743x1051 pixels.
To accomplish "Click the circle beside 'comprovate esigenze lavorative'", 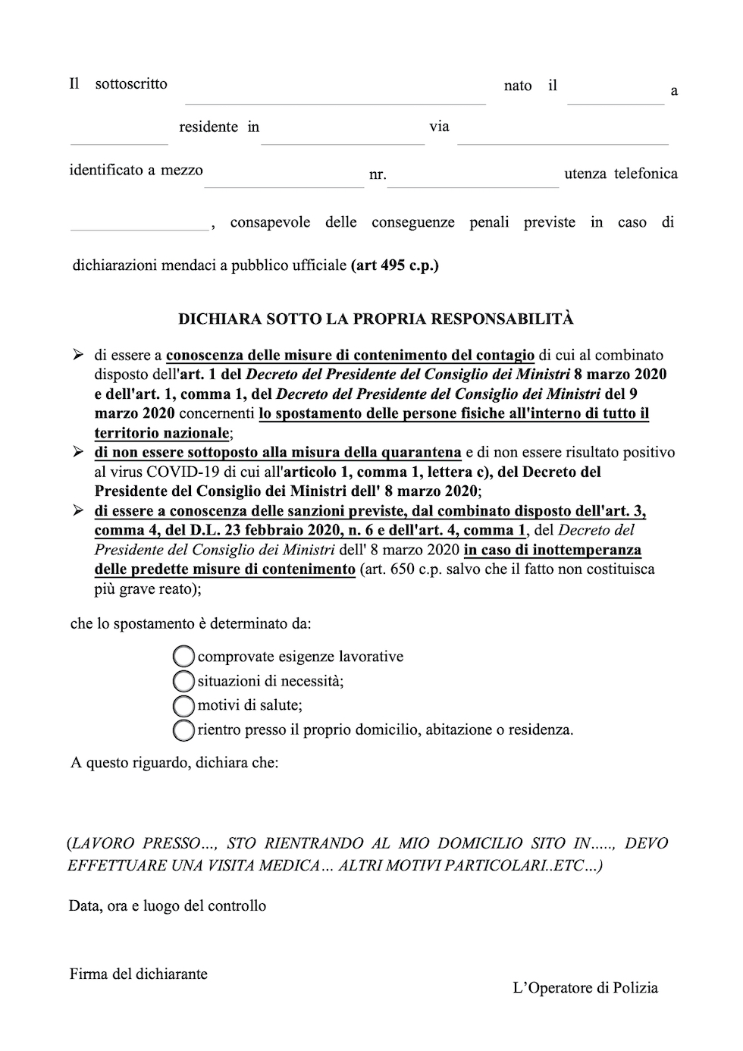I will (183, 656).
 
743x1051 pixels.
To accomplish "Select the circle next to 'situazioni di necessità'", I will (183, 680).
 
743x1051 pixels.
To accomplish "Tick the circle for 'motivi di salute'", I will (183, 705).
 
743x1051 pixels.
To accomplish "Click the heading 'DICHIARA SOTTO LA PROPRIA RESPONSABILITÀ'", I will (375, 318).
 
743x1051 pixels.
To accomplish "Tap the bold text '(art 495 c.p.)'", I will (395, 265).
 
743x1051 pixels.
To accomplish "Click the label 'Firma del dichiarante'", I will (138, 974).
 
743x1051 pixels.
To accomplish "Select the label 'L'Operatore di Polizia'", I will (585, 987).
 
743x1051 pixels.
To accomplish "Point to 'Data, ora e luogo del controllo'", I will (168, 905).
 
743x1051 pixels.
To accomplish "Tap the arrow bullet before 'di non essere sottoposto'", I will (77, 452).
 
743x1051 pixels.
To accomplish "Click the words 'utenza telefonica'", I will (621, 174).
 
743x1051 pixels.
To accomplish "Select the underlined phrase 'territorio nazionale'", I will (161, 433).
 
